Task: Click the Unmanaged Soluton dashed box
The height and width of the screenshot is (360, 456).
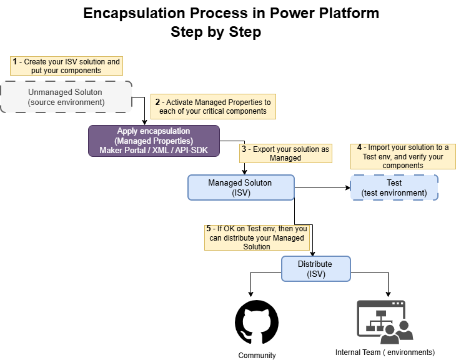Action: click(x=66, y=97)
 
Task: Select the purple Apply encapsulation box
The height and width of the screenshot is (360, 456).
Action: click(x=154, y=141)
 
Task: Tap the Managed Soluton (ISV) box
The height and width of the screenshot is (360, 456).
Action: click(x=241, y=187)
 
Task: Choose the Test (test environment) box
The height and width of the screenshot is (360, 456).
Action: click(x=394, y=187)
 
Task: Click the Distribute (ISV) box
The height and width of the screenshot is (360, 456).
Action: click(x=316, y=269)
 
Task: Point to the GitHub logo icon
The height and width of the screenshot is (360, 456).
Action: click(x=257, y=322)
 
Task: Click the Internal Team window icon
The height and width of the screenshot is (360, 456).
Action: click(x=385, y=322)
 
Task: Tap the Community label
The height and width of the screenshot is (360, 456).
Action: click(x=257, y=356)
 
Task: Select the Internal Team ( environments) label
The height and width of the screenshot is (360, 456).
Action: click(x=385, y=352)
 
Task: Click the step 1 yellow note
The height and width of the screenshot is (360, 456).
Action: click(x=66, y=66)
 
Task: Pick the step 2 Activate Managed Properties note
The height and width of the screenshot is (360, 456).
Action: click(x=213, y=106)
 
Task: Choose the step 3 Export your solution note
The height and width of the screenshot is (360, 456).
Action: click(x=285, y=153)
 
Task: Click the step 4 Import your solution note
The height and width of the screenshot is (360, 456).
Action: click(x=403, y=156)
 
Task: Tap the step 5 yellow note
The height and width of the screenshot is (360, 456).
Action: click(x=257, y=237)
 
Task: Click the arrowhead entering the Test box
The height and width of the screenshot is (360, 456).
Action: click(x=348, y=187)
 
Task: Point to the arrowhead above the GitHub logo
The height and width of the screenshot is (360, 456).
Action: click(x=250, y=294)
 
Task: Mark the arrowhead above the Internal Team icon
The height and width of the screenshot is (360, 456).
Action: click(x=388, y=294)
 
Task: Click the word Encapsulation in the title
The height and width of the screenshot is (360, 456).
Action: click(x=134, y=13)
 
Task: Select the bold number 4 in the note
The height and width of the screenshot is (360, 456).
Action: click(x=359, y=147)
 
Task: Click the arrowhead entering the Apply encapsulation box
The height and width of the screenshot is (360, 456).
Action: click(x=144, y=122)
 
